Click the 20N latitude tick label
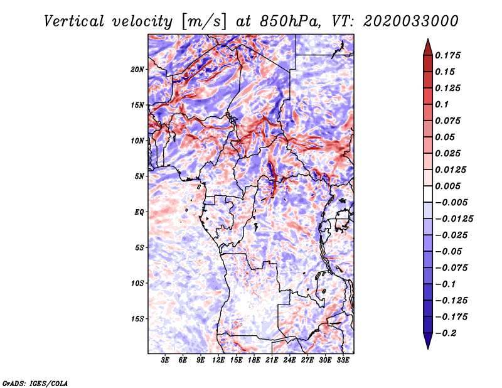tap(137, 69)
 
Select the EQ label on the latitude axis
tap(139, 212)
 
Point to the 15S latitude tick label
tap(137, 319)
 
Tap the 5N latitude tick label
tap(139, 176)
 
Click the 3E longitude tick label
tap(166, 360)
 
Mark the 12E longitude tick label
tap(219, 360)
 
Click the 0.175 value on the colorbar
tap(448, 55)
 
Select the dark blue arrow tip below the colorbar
tap(427, 343)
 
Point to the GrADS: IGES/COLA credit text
tap(35, 382)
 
